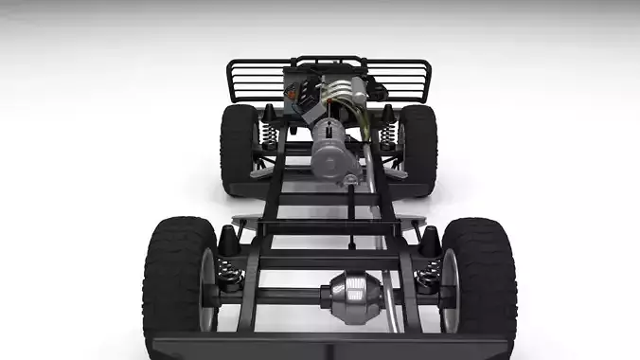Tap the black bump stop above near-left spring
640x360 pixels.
click(228, 243)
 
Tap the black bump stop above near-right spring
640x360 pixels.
click(429, 243)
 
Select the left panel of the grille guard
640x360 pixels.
click(256, 81)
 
